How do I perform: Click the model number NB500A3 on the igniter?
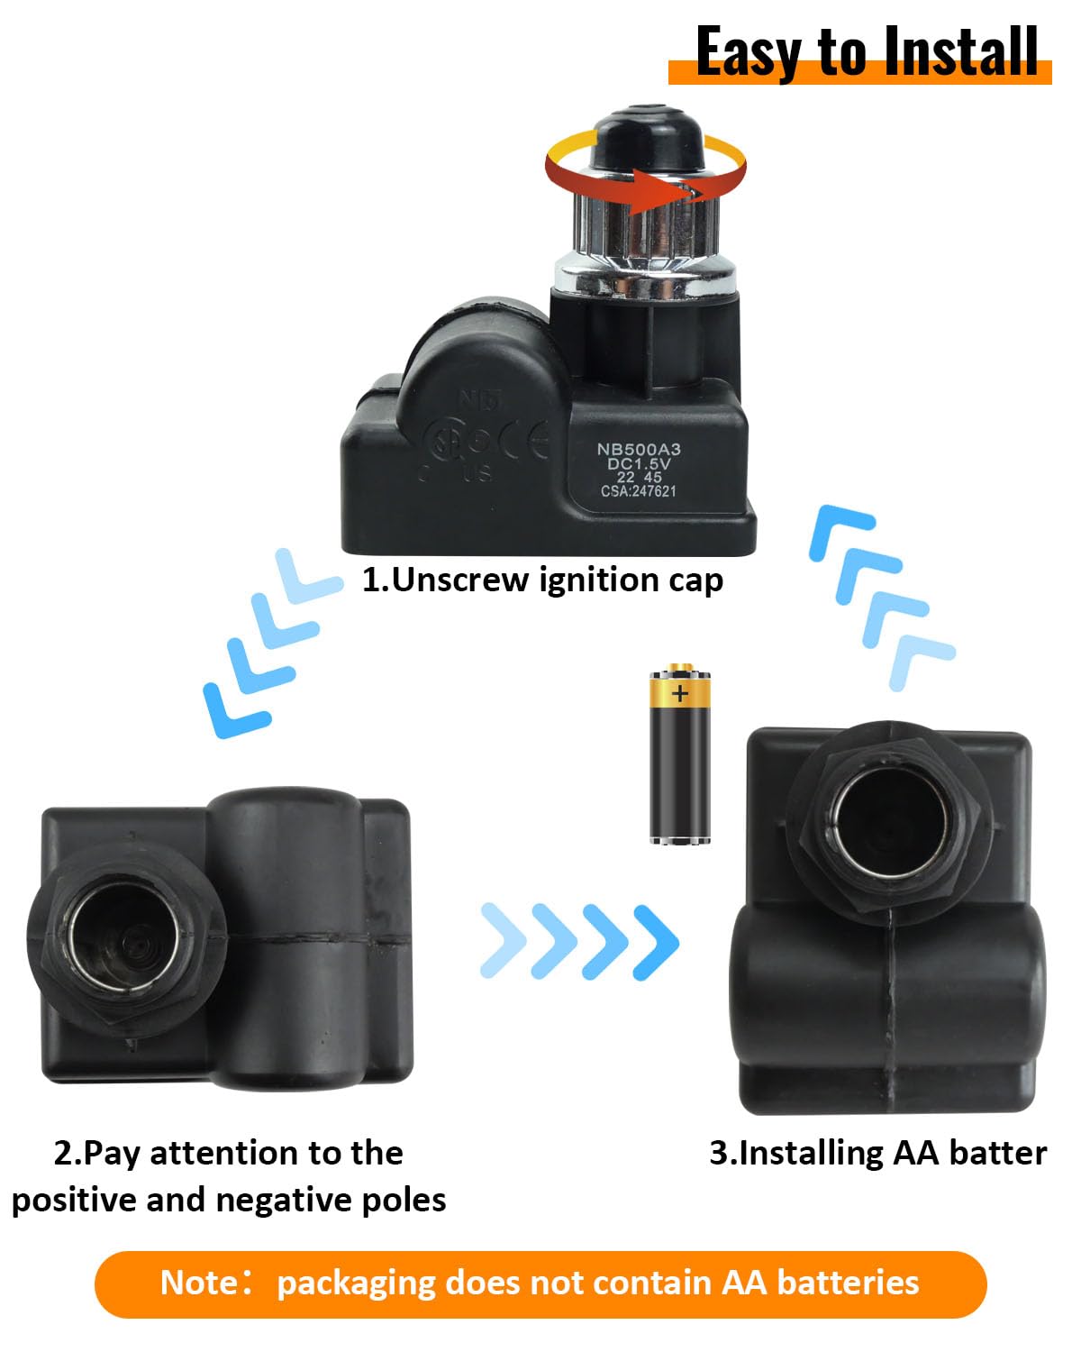coord(639,449)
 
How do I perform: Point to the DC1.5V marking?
coord(639,463)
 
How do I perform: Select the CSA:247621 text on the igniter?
coord(638,491)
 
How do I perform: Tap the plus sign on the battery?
coord(679,693)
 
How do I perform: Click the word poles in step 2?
coord(402,1200)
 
